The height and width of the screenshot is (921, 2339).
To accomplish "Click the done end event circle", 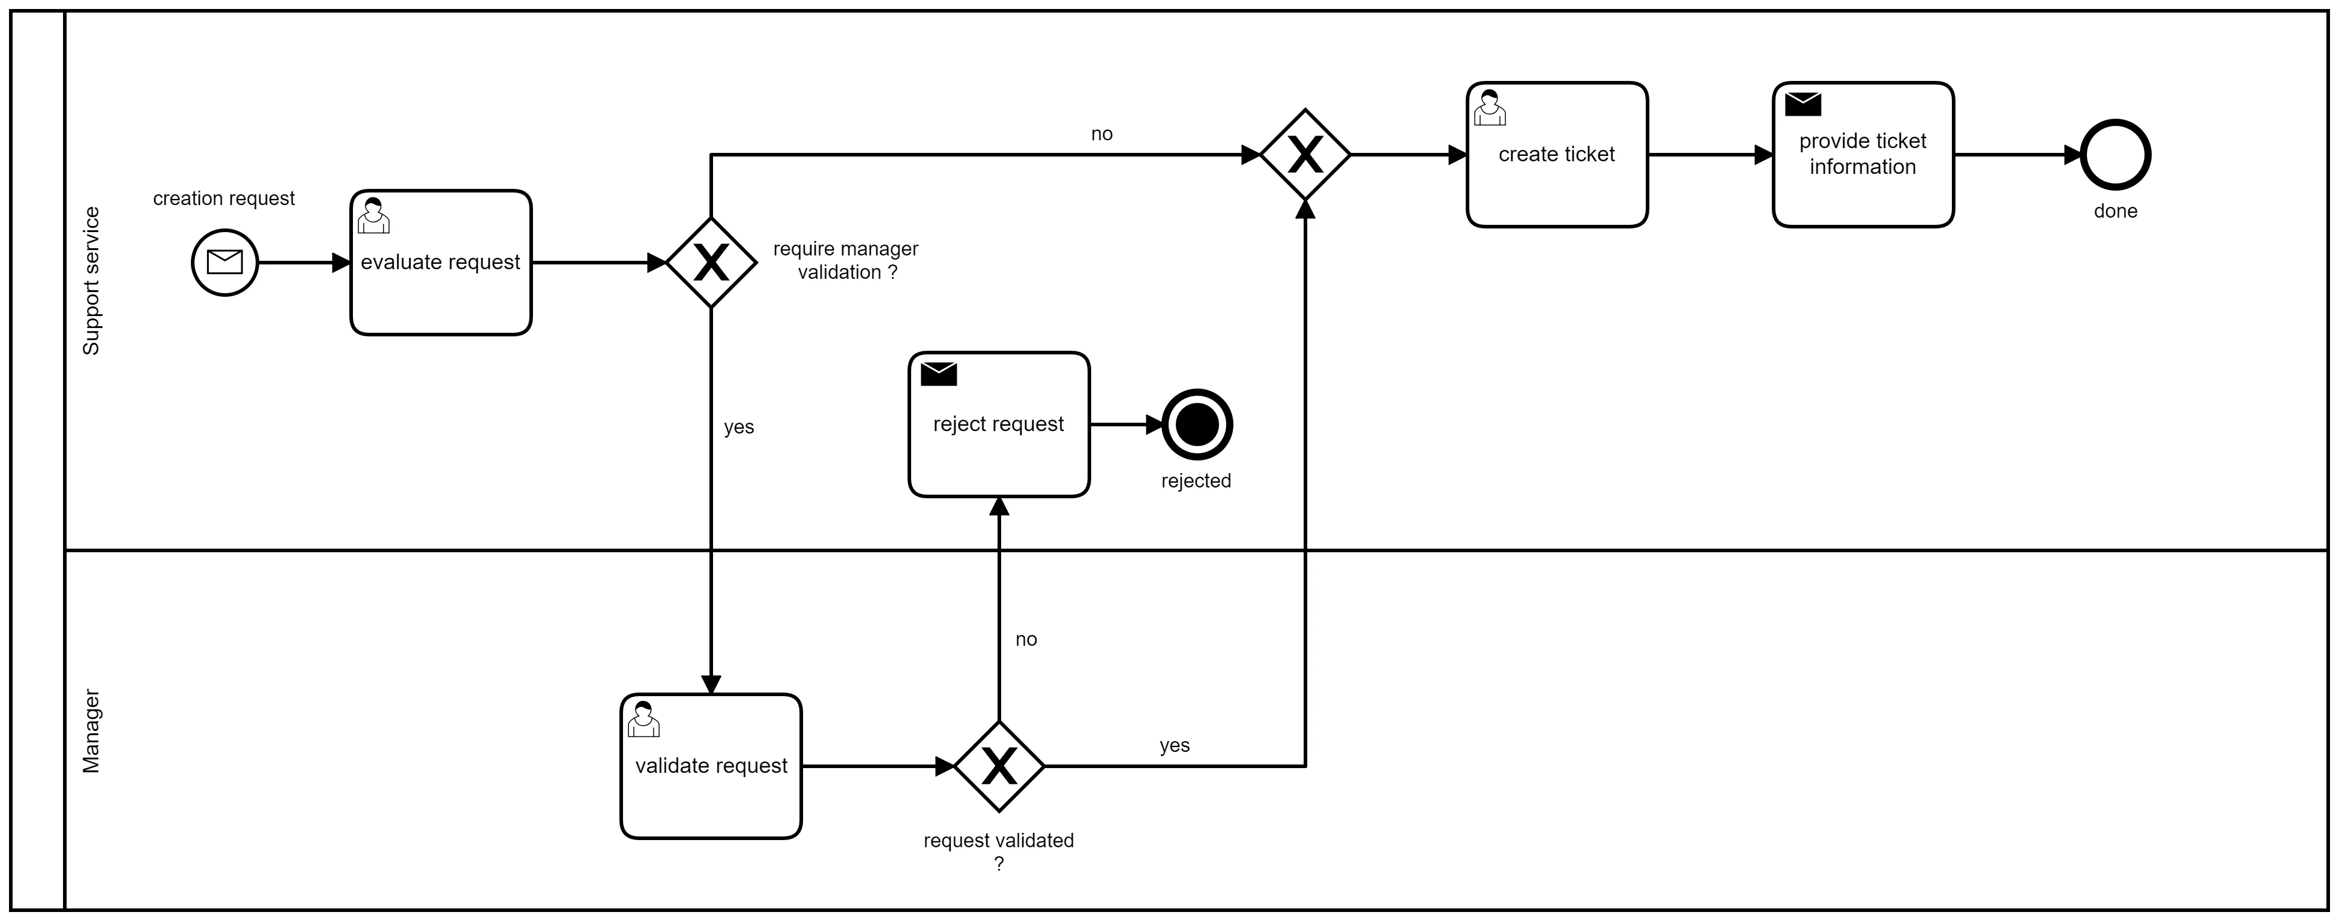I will [x=2116, y=155].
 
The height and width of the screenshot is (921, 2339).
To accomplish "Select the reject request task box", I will [x=999, y=425].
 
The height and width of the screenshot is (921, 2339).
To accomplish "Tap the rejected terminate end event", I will [x=1197, y=425].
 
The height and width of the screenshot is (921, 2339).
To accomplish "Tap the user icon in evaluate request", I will [x=373, y=216].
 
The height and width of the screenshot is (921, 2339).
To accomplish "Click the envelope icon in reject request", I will [x=938, y=374].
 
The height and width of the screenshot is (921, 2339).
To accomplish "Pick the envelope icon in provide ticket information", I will [x=1802, y=104].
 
